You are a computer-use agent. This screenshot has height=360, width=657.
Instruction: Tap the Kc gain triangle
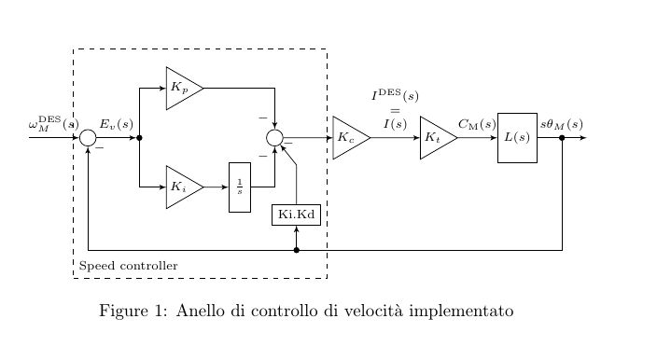[348, 138]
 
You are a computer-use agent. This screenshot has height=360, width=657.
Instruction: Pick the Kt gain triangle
[435, 138]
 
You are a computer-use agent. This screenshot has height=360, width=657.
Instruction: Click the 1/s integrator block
[240, 187]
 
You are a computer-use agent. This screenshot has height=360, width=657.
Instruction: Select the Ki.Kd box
[296, 215]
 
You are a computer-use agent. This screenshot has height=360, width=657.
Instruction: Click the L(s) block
[517, 138]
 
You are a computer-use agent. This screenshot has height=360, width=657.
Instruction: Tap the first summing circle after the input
[88, 138]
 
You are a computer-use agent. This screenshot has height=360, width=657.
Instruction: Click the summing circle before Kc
[274, 138]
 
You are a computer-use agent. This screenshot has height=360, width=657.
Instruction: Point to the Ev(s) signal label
[117, 123]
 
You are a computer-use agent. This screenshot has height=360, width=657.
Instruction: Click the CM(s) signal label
[477, 123]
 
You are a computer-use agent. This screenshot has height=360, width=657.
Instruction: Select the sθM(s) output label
[561, 123]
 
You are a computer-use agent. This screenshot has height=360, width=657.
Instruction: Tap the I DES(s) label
[395, 95]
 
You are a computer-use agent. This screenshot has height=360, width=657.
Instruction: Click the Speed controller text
[129, 267]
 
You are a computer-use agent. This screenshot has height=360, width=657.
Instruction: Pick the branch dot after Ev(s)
[139, 138]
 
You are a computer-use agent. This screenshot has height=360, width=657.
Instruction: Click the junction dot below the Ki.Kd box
[296, 250]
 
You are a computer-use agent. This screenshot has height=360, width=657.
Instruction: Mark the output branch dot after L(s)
[562, 138]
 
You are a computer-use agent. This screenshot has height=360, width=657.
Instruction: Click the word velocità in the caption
[372, 311]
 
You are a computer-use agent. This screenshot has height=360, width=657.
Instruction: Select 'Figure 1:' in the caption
[133, 311]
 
